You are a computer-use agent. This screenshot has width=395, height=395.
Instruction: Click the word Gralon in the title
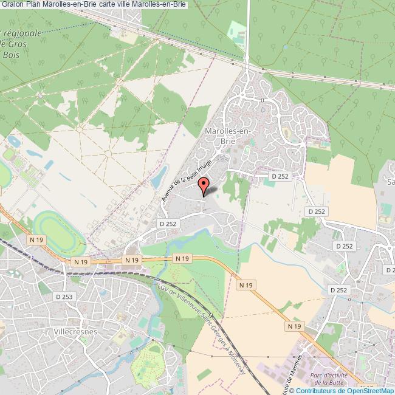pos(12,5)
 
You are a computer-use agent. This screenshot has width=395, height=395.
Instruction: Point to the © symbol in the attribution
pos(292,390)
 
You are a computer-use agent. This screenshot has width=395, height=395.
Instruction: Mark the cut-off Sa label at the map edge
pos(390,181)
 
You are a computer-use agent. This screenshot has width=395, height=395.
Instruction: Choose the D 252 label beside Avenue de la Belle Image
pos(167,224)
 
